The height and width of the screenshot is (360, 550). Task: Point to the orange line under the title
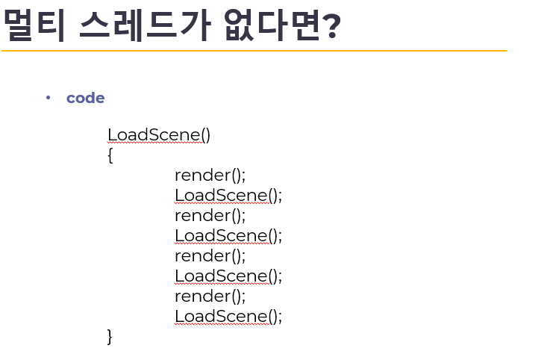tap(254, 51)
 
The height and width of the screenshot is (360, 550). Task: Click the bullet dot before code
tap(48, 97)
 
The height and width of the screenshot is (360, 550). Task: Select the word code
tap(85, 98)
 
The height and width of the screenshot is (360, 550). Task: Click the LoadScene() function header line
tap(159, 134)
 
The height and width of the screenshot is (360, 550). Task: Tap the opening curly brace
tap(110, 155)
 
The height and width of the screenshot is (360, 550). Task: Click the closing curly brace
tap(110, 337)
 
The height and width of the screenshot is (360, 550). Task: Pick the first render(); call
tap(210, 176)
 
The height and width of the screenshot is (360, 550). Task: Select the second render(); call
tap(210, 216)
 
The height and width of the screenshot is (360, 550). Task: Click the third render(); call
tap(210, 256)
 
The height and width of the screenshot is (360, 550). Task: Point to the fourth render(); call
tap(210, 297)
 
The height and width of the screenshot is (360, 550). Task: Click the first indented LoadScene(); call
tap(228, 195)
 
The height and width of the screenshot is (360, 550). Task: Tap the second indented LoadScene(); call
tap(228, 235)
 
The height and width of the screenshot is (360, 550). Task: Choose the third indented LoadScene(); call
tap(228, 276)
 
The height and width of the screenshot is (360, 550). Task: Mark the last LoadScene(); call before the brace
tap(228, 316)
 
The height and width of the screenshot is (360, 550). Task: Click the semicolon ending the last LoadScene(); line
tap(281, 317)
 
